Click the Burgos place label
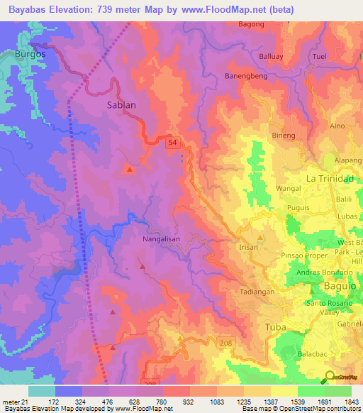click(30, 54)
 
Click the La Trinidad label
click(329, 178)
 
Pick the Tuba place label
click(274, 327)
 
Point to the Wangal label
click(289, 189)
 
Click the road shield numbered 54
click(173, 143)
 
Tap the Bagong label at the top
click(251, 24)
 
